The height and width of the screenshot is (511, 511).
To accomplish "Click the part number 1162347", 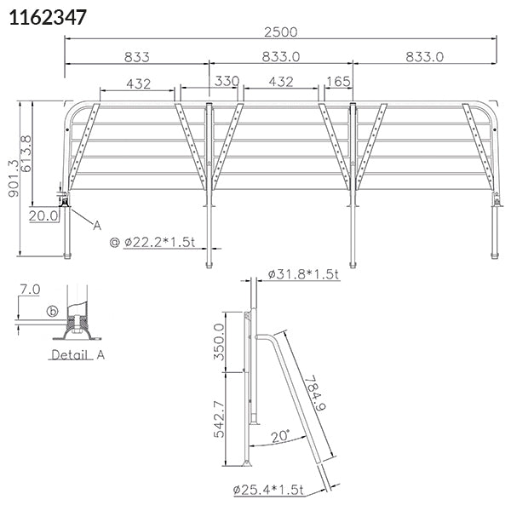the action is (48, 17).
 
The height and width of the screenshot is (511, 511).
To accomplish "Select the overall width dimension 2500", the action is (280, 32).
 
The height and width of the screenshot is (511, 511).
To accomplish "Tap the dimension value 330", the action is (227, 81).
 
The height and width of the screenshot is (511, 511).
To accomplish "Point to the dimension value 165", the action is (338, 82).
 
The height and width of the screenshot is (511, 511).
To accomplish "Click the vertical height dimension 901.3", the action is (14, 178).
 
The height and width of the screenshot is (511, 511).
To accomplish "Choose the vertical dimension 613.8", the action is (26, 153).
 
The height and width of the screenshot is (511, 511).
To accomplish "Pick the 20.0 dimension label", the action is (43, 215).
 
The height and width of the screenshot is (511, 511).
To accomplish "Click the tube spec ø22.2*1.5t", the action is (160, 242).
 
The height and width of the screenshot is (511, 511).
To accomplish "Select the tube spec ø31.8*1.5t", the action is (303, 274).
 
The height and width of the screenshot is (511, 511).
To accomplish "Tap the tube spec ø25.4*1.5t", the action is (268, 490).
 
